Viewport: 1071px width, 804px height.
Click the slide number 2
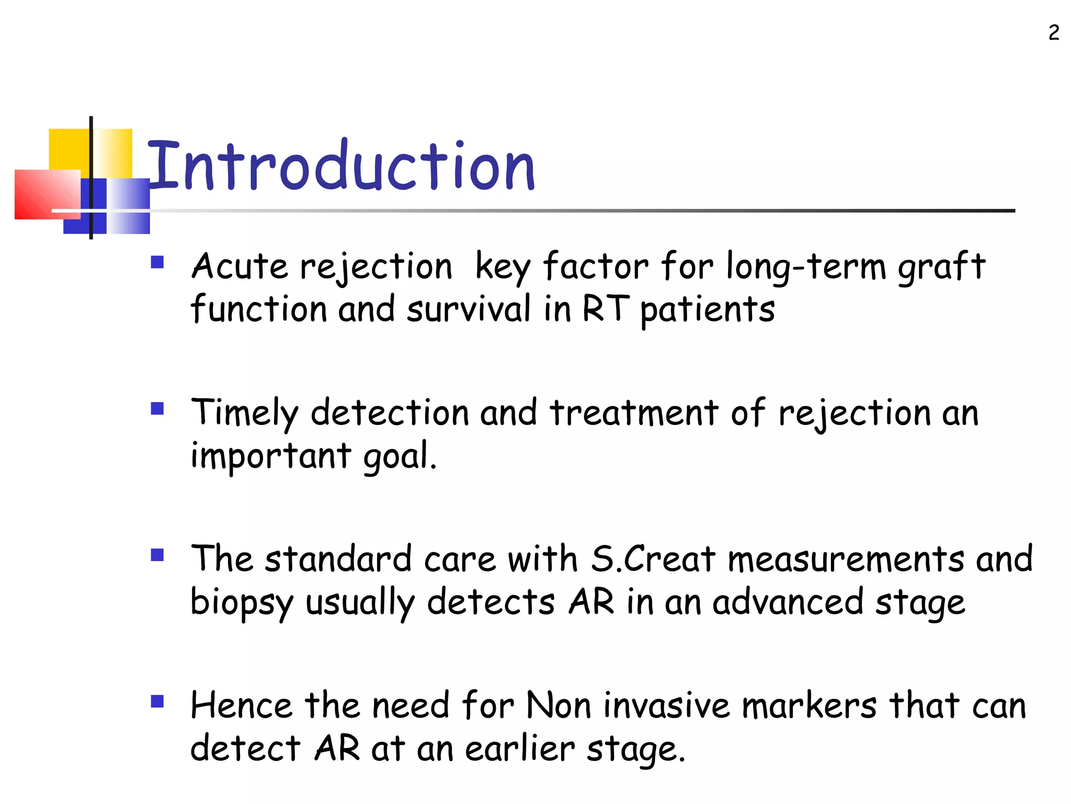coord(1054,33)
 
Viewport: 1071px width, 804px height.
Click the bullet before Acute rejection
coord(157,262)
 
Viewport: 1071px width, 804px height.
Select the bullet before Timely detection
coord(157,408)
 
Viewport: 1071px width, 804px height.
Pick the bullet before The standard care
coord(157,555)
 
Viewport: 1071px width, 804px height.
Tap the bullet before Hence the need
coord(157,701)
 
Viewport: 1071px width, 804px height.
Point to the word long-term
coord(806,267)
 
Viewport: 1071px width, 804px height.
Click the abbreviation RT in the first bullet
coord(605,308)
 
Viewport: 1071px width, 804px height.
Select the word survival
coord(469,308)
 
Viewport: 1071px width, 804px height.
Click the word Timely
coord(244,414)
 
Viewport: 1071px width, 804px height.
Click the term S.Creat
coord(653,559)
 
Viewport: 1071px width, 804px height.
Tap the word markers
coord(809,705)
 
